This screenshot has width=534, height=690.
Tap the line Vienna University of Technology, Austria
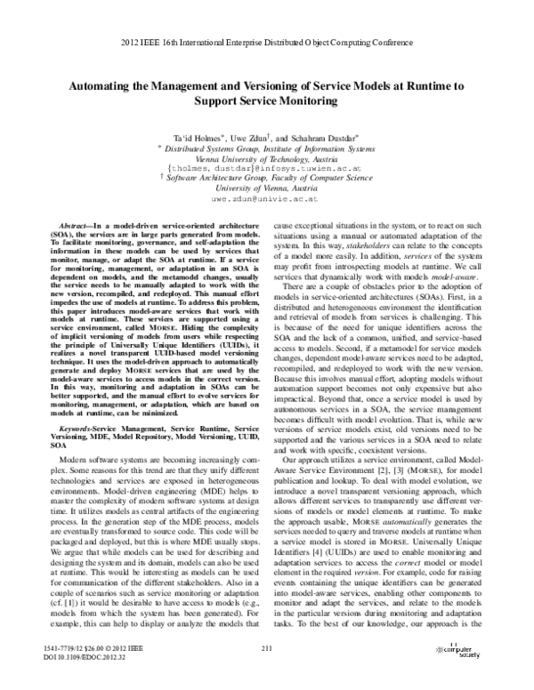266,156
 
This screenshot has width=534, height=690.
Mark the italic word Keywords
75,429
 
